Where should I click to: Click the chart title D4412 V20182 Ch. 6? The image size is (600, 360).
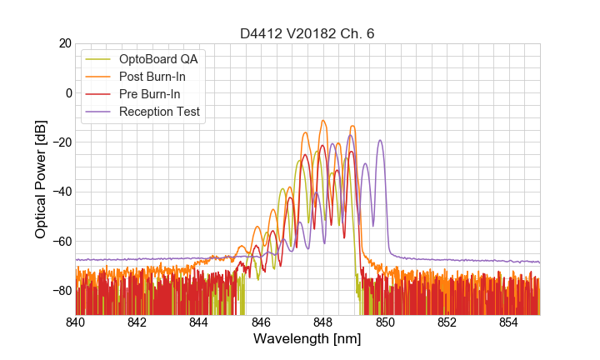307,33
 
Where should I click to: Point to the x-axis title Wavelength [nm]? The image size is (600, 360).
307,340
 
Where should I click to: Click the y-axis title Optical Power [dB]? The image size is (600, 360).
40,179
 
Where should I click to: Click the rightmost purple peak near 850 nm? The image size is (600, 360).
380,141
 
